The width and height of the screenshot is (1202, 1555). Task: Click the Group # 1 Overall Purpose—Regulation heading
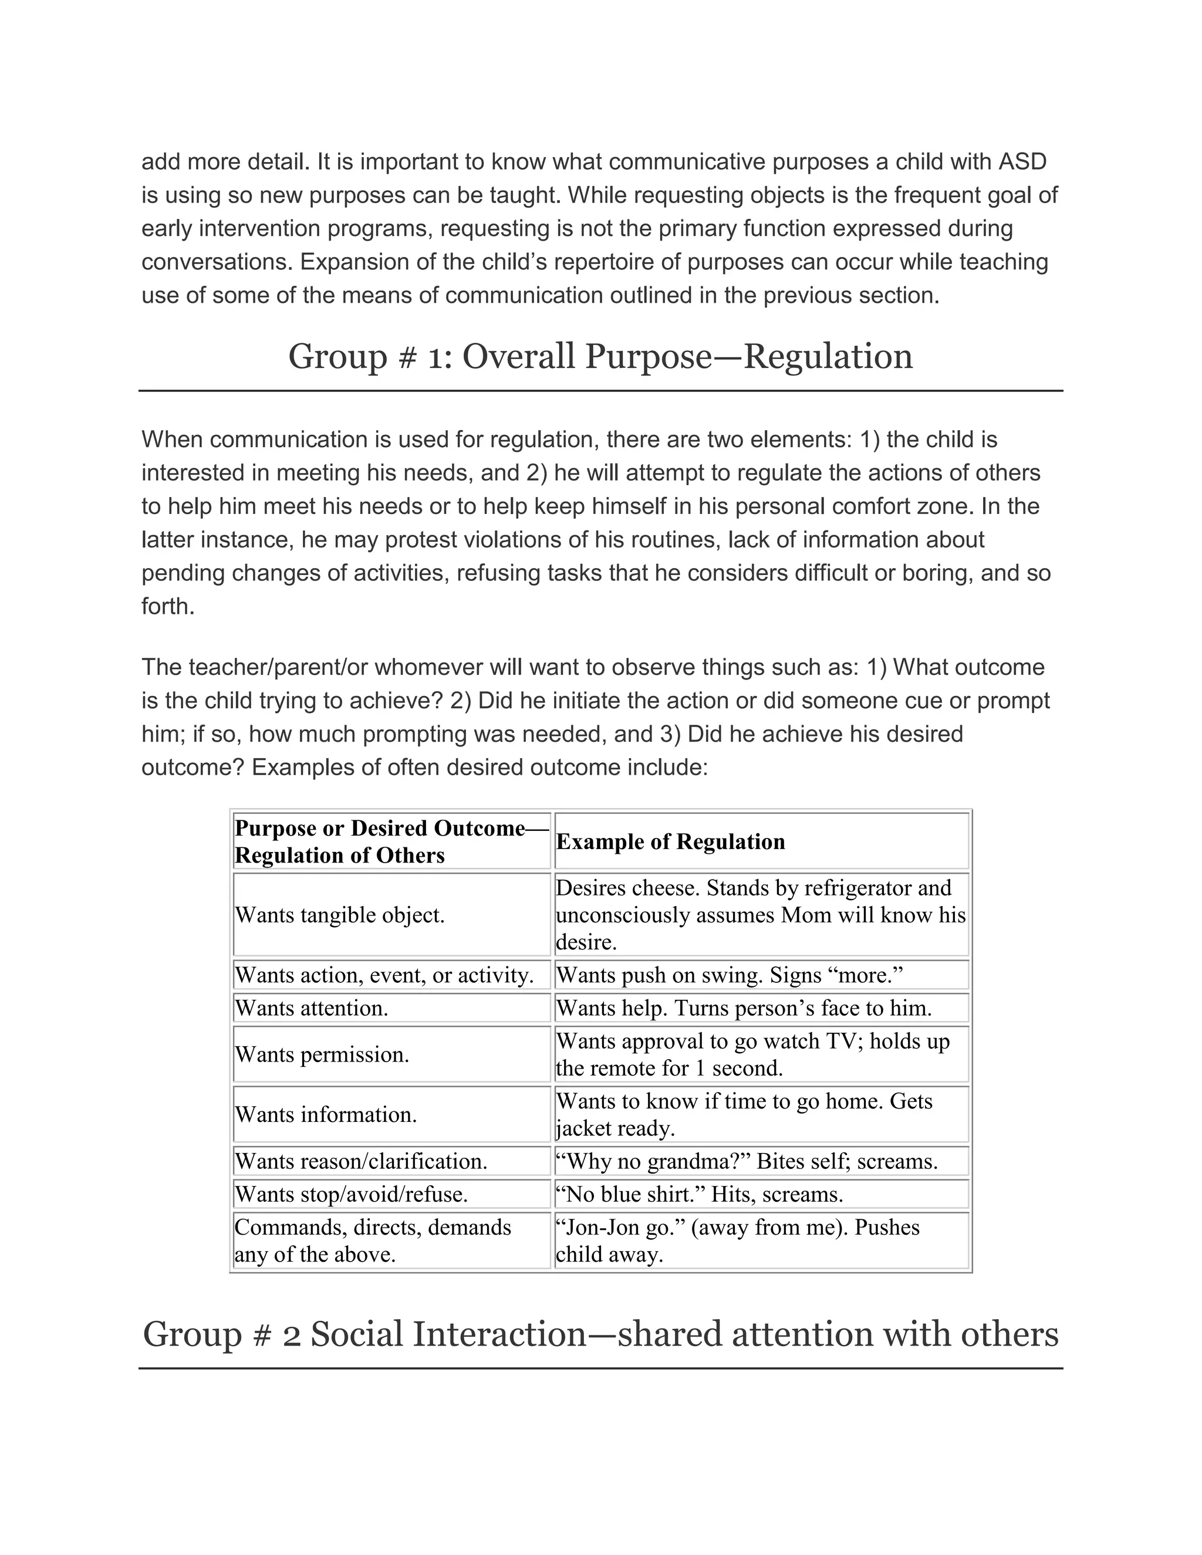600,357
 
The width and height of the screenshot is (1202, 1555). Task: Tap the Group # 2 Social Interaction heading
600,1334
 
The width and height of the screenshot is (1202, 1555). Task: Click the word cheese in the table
667,888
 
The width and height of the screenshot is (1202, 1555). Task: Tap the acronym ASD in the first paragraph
1022,161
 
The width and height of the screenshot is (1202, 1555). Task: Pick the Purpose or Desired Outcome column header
391,841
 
